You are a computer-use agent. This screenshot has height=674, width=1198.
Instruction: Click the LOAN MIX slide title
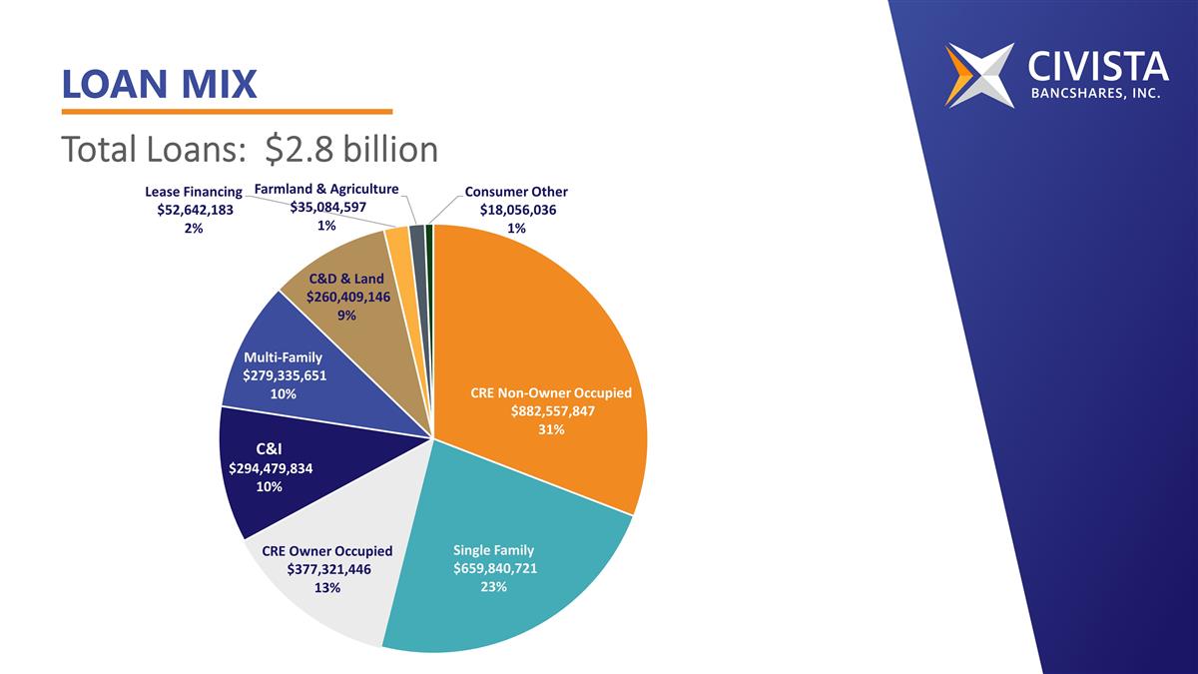159,84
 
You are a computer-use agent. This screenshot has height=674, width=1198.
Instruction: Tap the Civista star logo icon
978,75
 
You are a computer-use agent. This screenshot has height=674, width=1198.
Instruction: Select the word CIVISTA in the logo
1097,66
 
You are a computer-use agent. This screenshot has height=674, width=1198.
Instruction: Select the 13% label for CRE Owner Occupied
327,587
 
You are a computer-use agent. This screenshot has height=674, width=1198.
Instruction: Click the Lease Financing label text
194,192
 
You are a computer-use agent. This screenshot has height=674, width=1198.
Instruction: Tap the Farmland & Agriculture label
326,189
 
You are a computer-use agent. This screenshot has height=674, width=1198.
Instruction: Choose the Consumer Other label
516,192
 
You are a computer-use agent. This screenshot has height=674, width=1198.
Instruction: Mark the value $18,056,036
517,210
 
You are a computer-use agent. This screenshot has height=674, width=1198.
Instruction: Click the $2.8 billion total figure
352,149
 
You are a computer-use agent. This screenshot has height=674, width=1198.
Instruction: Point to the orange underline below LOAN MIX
227,112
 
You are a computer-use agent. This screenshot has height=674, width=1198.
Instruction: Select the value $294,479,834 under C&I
271,468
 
